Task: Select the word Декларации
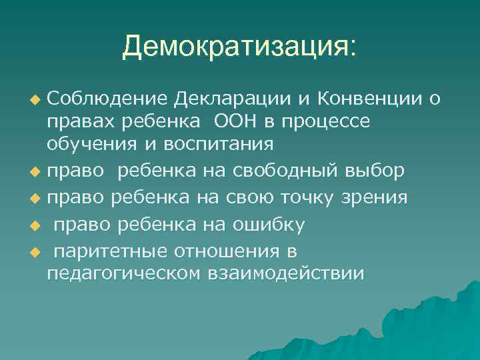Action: (231, 99)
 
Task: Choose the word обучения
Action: (92, 145)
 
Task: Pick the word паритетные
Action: (110, 252)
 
